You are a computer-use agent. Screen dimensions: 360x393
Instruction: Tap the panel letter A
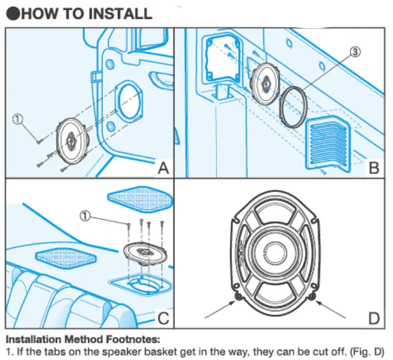click(163, 168)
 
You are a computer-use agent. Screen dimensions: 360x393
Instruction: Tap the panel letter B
click(374, 168)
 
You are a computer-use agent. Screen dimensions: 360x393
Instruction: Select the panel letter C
click(163, 318)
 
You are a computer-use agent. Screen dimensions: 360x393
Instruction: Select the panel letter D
click(374, 318)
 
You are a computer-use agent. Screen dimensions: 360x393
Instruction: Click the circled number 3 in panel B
click(356, 52)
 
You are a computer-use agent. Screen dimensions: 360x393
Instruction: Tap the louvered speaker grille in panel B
click(328, 145)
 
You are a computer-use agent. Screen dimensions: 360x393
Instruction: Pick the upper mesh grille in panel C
click(140, 198)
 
